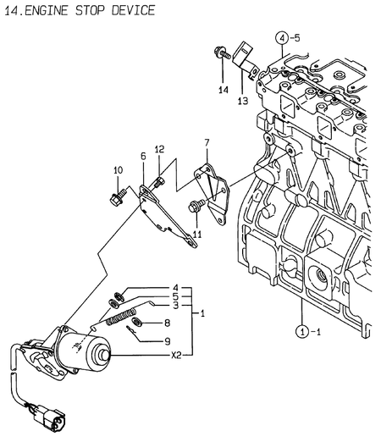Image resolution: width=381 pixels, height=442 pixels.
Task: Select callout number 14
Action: (223, 89)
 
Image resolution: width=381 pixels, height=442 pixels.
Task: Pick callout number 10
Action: (118, 171)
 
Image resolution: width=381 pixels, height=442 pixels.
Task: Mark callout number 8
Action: (167, 323)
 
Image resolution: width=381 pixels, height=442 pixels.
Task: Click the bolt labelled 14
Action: (219, 52)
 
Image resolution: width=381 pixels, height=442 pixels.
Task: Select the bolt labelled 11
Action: (196, 204)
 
